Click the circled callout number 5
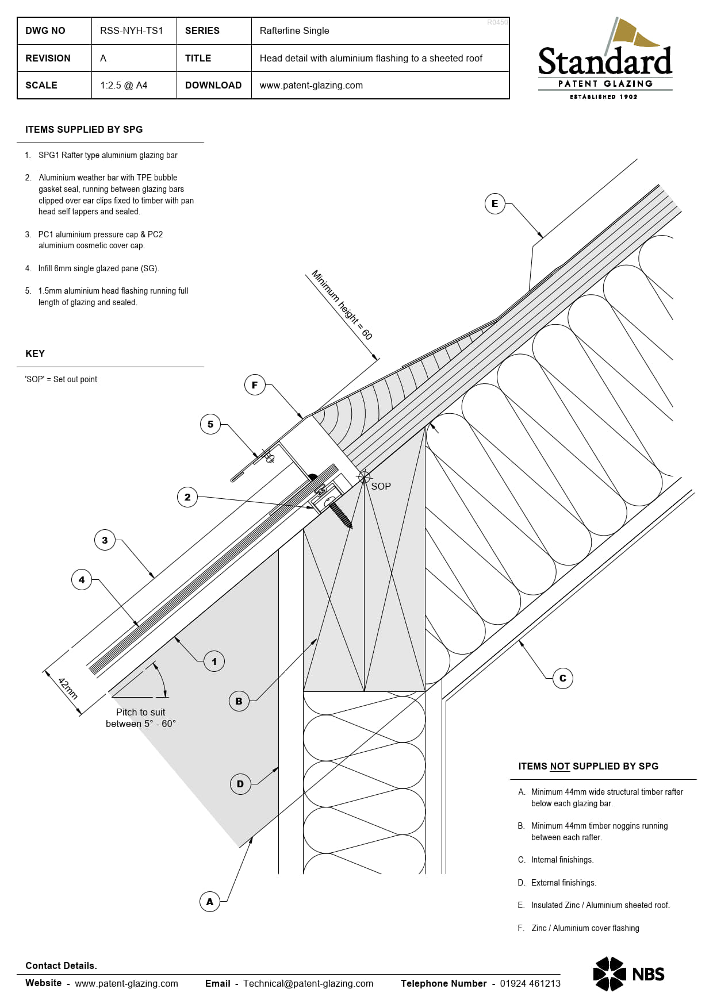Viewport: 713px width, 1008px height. [210, 424]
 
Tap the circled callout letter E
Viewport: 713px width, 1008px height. [494, 203]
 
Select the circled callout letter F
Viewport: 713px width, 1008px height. [255, 385]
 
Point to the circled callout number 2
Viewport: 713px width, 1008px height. [187, 497]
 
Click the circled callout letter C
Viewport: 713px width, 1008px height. [562, 678]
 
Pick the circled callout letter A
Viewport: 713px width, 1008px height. [210, 902]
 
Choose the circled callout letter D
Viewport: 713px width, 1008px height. [240, 783]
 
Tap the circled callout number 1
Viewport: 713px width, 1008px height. [214, 661]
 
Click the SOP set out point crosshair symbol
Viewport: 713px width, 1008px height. [364, 477]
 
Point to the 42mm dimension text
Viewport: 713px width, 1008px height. [68, 688]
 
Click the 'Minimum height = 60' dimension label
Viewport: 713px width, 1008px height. [342, 305]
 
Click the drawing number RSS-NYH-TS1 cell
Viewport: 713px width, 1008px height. [132, 30]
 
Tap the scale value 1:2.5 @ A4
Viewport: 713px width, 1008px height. [124, 85]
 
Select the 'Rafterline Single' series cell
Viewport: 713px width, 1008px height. [294, 30]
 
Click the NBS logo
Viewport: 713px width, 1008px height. [629, 974]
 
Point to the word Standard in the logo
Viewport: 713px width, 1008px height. [605, 62]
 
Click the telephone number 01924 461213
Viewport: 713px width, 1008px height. [530, 983]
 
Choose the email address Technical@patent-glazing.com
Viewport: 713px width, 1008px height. [308, 983]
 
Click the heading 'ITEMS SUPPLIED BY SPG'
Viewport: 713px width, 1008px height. [84, 129]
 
